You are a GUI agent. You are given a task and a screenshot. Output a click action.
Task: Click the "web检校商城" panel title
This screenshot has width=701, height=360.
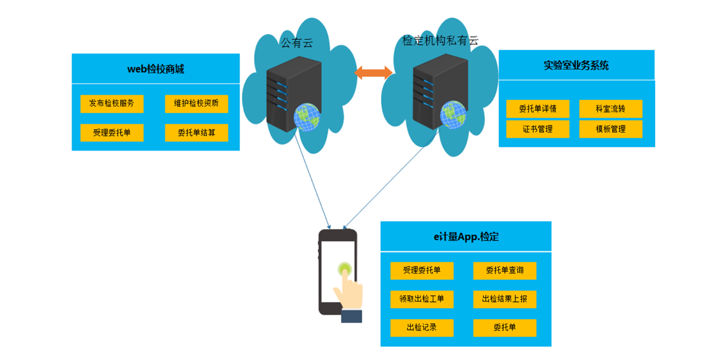click(x=156, y=69)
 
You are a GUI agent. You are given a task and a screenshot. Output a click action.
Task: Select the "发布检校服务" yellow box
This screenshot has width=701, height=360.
click(x=112, y=104)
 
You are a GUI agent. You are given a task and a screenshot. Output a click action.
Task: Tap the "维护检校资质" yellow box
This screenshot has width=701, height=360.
click(x=196, y=104)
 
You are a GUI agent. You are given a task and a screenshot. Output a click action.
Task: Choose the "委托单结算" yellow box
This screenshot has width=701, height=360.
click(x=196, y=133)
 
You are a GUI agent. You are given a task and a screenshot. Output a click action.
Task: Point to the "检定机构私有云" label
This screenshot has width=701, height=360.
click(x=440, y=41)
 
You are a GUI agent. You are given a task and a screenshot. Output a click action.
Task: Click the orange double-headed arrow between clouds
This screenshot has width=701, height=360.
click(x=373, y=73)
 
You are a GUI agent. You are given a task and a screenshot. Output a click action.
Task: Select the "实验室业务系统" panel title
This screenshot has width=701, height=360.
click(x=576, y=65)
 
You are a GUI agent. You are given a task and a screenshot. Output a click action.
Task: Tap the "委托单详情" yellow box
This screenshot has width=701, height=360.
click(x=538, y=109)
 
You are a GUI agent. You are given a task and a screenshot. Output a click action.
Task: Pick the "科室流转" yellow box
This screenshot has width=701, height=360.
click(x=611, y=109)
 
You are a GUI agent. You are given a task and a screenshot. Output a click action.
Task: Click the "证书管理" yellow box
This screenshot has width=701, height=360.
click(x=538, y=129)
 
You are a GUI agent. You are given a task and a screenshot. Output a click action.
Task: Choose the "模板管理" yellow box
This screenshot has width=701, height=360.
click(x=611, y=129)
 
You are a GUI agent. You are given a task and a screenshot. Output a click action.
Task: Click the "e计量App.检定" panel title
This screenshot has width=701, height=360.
click(x=466, y=236)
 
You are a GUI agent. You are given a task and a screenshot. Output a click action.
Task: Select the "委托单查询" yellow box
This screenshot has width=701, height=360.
click(x=505, y=270)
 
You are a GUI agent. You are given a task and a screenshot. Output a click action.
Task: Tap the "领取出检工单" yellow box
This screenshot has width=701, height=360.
click(x=422, y=299)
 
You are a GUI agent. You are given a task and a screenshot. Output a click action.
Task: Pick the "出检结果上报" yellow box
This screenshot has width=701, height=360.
click(x=505, y=299)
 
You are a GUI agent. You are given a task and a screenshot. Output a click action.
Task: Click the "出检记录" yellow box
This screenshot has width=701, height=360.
click(x=422, y=328)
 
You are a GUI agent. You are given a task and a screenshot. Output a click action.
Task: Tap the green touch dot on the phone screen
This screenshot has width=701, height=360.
click(x=344, y=269)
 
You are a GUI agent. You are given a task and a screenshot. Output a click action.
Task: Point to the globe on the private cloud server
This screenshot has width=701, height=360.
click(x=453, y=115)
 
